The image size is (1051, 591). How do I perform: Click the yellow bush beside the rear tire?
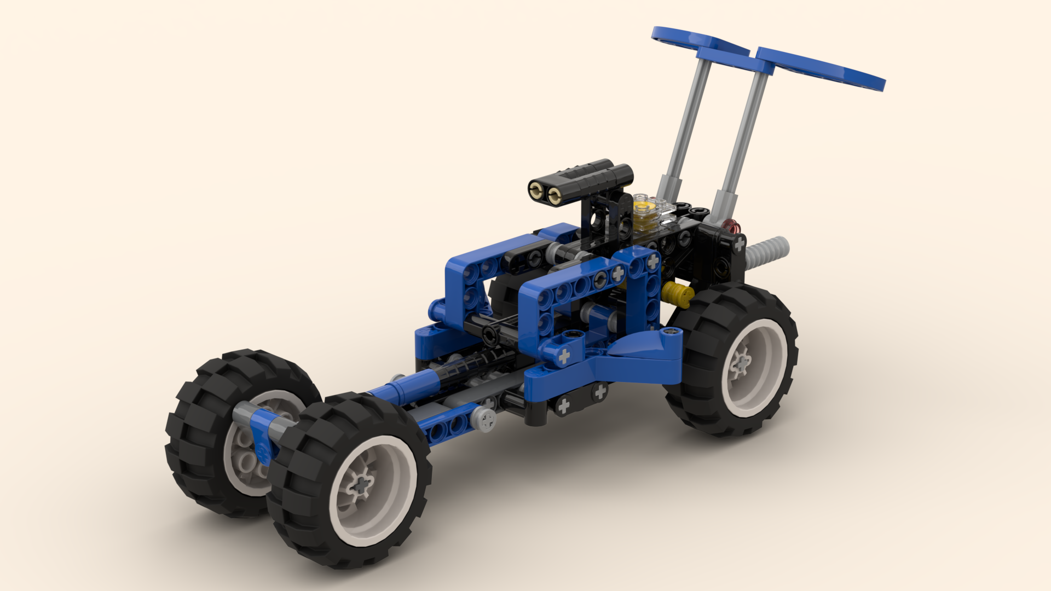tap(678, 294)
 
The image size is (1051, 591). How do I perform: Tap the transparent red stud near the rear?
tap(730, 225)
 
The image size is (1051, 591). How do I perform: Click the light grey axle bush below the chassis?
tap(484, 419)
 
